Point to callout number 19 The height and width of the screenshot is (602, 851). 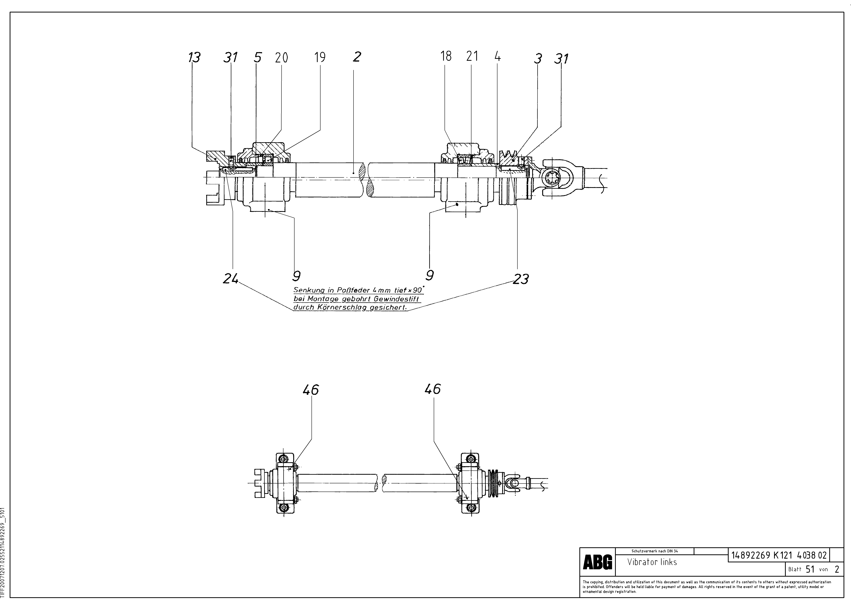pyautogui.click(x=320, y=57)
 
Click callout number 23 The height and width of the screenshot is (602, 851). pyautogui.click(x=521, y=279)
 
